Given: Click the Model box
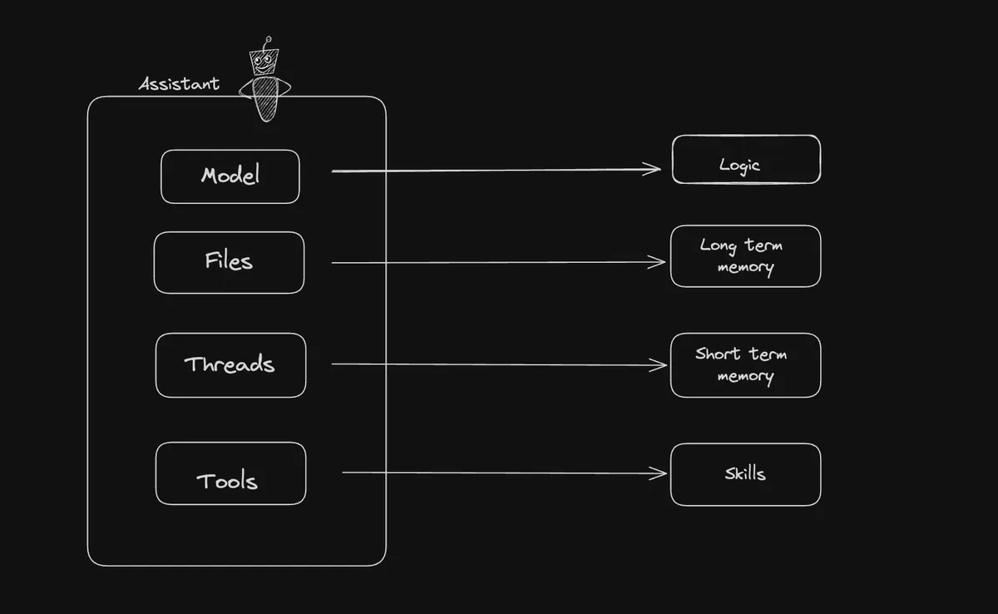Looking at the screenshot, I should [x=230, y=176].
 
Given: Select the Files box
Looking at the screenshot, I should [x=229, y=262].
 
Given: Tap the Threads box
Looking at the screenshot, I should [x=230, y=365].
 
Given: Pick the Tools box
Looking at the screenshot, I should [x=230, y=473].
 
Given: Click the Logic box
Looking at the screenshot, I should [x=746, y=159].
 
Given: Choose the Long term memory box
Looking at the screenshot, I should [x=745, y=256].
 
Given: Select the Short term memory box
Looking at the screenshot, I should [x=745, y=365].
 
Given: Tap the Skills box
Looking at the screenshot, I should [x=745, y=474].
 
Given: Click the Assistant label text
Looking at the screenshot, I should [x=179, y=84].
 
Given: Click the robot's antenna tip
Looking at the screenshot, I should [x=267, y=38].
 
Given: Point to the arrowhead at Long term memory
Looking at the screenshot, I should [x=660, y=262].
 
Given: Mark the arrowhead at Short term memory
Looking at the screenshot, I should [x=660, y=364].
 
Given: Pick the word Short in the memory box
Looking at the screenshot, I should [x=716, y=354].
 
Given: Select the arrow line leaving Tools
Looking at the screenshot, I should [x=499, y=473].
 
